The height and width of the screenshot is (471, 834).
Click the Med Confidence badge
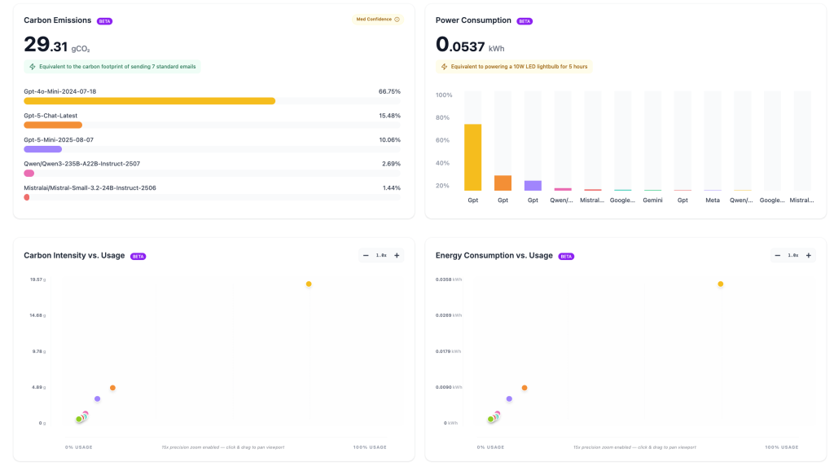pyautogui.click(x=378, y=20)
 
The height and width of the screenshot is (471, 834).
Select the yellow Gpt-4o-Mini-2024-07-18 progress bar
pyautogui.click(x=150, y=101)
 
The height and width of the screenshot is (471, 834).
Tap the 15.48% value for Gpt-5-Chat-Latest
pyautogui.click(x=389, y=116)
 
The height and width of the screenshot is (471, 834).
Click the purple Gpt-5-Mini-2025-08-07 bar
pyautogui.click(x=43, y=149)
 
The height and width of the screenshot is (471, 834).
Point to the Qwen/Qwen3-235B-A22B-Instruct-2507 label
pyautogui.click(x=81, y=164)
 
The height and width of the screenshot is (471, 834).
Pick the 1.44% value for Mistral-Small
pyautogui.click(x=391, y=188)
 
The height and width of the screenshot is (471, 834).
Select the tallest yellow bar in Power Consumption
pyautogui.click(x=472, y=157)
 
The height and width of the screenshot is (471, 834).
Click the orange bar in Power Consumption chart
pyautogui.click(x=503, y=183)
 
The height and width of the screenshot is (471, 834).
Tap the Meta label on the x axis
pyautogui.click(x=713, y=200)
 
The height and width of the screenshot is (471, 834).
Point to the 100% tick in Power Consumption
pyautogui.click(x=444, y=95)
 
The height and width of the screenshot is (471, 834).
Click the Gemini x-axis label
pyautogui.click(x=652, y=200)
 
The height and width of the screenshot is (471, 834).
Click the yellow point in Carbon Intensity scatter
pyautogui.click(x=309, y=284)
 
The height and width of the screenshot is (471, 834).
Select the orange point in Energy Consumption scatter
pyautogui.click(x=525, y=388)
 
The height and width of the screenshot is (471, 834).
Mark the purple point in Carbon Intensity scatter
pyautogui.click(x=97, y=398)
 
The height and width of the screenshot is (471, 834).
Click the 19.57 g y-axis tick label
pyautogui.click(x=37, y=280)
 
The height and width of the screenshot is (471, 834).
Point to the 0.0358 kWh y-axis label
pyautogui.click(x=449, y=280)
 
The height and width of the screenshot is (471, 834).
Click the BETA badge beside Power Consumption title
pyautogui.click(x=525, y=20)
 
